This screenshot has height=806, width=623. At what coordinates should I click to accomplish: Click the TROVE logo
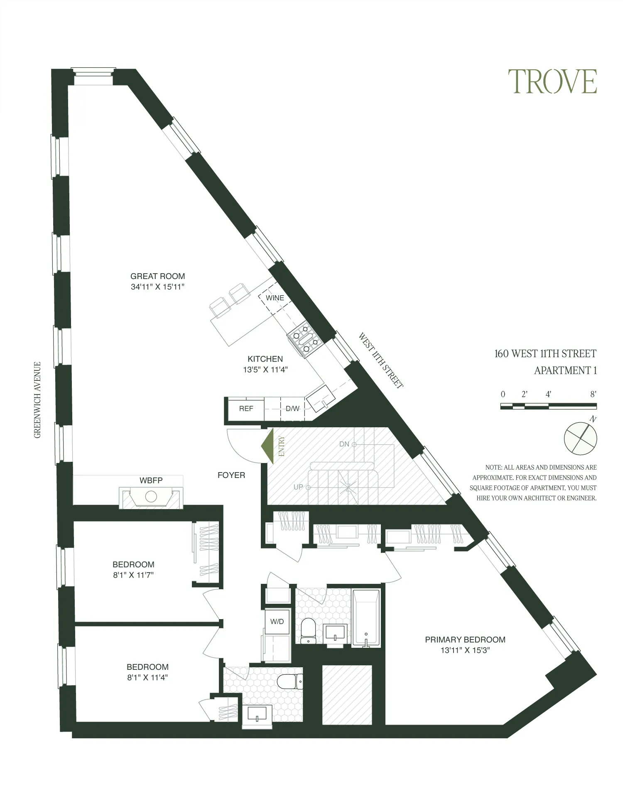(x=552, y=82)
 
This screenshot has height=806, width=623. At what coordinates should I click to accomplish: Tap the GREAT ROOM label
(x=157, y=276)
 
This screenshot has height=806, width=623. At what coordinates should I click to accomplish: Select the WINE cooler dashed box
(x=275, y=298)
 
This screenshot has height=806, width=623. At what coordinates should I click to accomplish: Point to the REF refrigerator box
(x=246, y=409)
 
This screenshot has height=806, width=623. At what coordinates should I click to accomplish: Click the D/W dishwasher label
(x=292, y=409)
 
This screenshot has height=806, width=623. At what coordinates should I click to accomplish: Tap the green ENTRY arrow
(x=268, y=447)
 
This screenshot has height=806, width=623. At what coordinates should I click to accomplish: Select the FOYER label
(x=231, y=475)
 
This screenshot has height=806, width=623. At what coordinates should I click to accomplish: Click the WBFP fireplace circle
(x=151, y=497)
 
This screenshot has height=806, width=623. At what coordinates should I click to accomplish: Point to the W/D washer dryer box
(x=277, y=622)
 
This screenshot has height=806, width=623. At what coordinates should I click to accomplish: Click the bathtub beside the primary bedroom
(x=366, y=618)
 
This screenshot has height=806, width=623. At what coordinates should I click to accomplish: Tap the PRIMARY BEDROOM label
(x=465, y=640)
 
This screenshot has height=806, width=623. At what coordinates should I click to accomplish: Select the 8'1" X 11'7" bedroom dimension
(x=133, y=575)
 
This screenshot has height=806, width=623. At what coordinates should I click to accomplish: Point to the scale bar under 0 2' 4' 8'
(x=548, y=407)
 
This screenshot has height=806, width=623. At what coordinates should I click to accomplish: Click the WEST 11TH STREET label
(x=380, y=360)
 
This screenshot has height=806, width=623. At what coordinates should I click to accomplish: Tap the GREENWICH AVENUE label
(x=38, y=400)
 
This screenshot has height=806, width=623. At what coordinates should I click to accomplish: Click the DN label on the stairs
(x=344, y=444)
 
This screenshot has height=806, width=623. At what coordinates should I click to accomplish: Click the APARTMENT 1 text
(x=565, y=370)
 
